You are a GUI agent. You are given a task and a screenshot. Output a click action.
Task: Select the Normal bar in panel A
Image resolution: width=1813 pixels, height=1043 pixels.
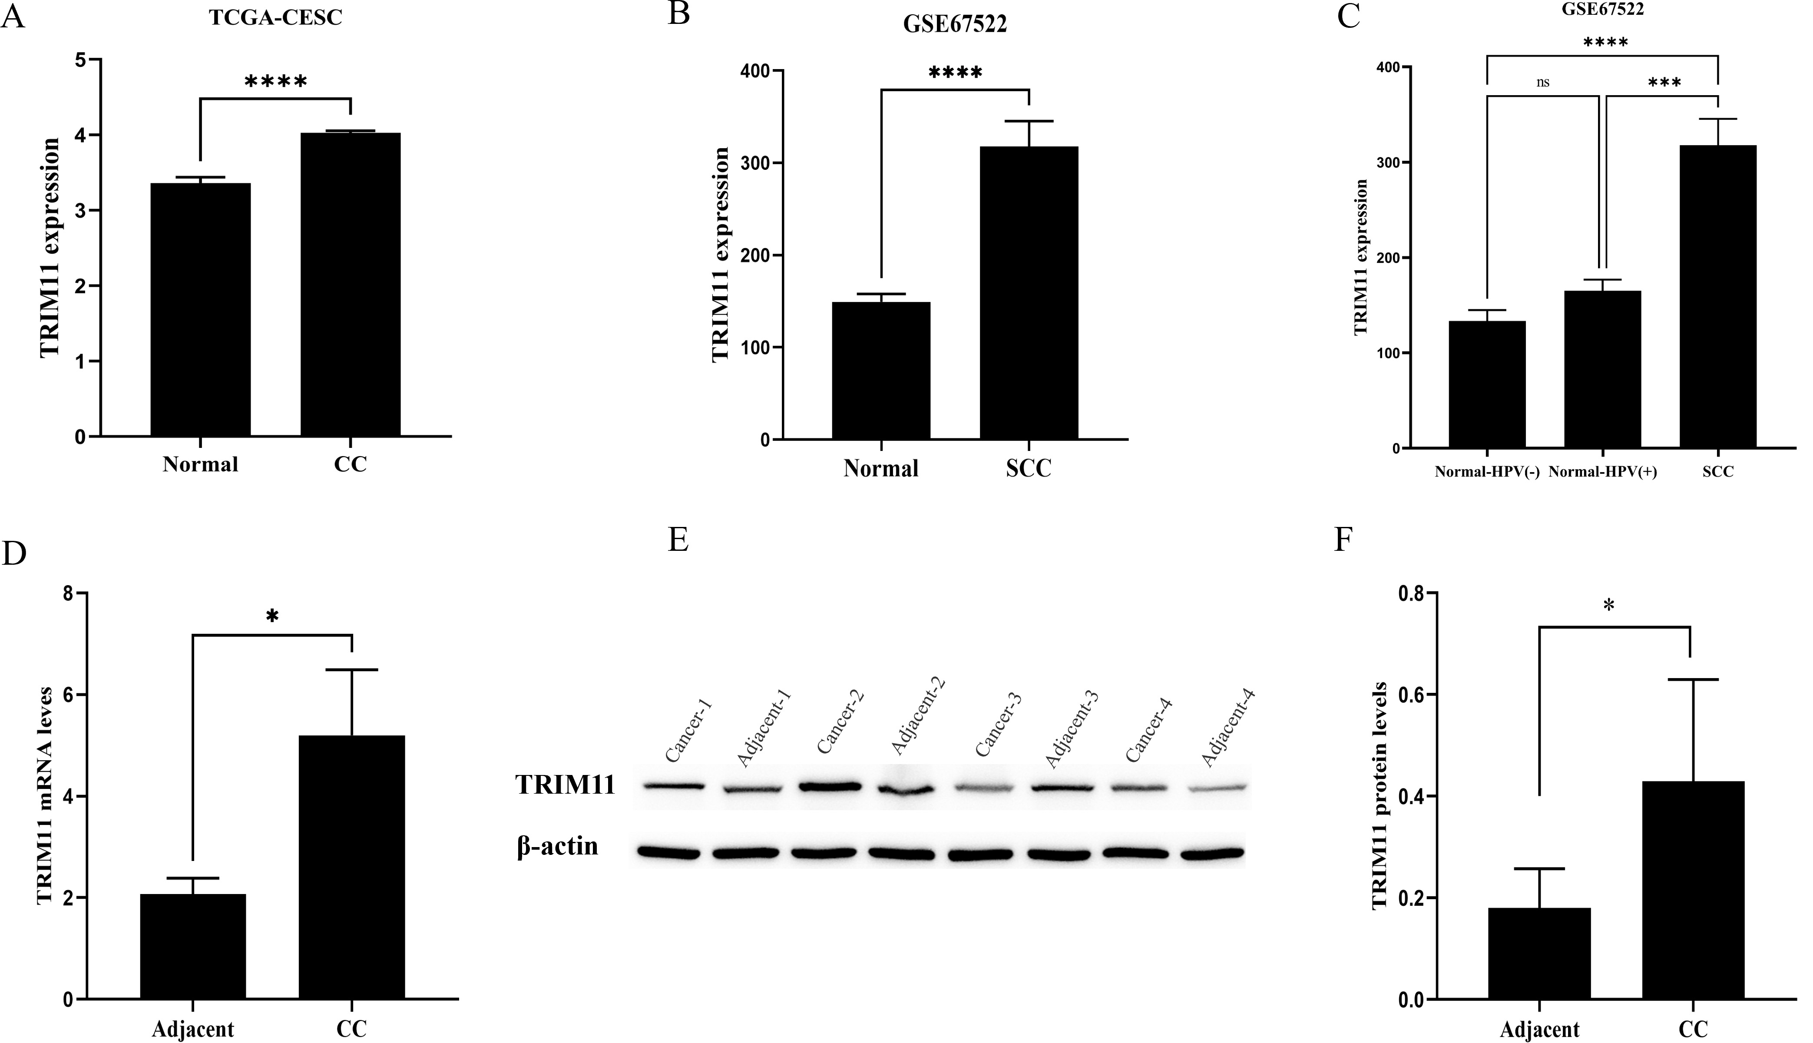coord(201,309)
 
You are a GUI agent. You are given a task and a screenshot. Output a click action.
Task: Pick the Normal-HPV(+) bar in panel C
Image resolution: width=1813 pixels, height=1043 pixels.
coord(1602,369)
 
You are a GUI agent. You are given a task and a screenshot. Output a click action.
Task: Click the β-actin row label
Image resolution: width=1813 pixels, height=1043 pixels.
coord(557,846)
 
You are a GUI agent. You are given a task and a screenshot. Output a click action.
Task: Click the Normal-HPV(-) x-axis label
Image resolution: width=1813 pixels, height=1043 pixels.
coord(1486,472)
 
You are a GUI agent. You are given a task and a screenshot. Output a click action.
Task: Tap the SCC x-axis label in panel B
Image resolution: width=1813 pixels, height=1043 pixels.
coord(1029,468)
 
